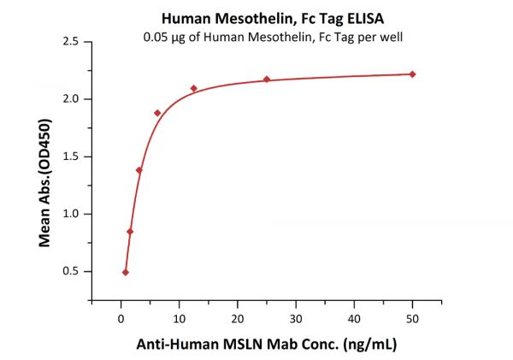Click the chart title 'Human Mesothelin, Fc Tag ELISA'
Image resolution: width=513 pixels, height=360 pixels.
(x=256, y=16)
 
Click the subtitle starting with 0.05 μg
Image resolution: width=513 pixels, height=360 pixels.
(x=256, y=37)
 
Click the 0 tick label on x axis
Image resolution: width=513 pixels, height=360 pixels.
(x=121, y=319)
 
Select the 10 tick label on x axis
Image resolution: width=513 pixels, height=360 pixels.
(x=179, y=319)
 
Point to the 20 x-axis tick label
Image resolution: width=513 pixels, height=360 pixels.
(x=237, y=319)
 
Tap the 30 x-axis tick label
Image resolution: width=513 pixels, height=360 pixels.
(x=296, y=319)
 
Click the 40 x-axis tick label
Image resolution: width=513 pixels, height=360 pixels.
(x=354, y=319)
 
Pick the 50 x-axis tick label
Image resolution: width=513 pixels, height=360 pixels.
(x=412, y=319)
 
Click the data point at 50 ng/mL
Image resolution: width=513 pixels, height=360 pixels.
(x=412, y=74)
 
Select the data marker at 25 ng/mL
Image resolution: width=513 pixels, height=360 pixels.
(x=267, y=80)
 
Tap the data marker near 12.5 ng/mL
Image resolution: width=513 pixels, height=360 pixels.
(x=193, y=88)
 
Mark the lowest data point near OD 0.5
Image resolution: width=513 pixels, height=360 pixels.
(x=126, y=272)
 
